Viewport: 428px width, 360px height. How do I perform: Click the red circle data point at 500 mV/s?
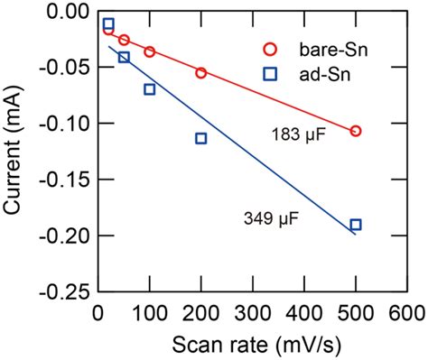click(356, 131)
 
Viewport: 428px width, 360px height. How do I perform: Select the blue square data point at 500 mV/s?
click(356, 225)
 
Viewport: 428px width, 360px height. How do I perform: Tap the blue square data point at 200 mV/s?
click(201, 138)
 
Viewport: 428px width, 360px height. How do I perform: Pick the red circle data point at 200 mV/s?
click(201, 72)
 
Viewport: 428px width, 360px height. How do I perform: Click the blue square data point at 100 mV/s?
click(150, 88)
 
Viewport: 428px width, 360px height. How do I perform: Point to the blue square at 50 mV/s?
click(124, 57)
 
